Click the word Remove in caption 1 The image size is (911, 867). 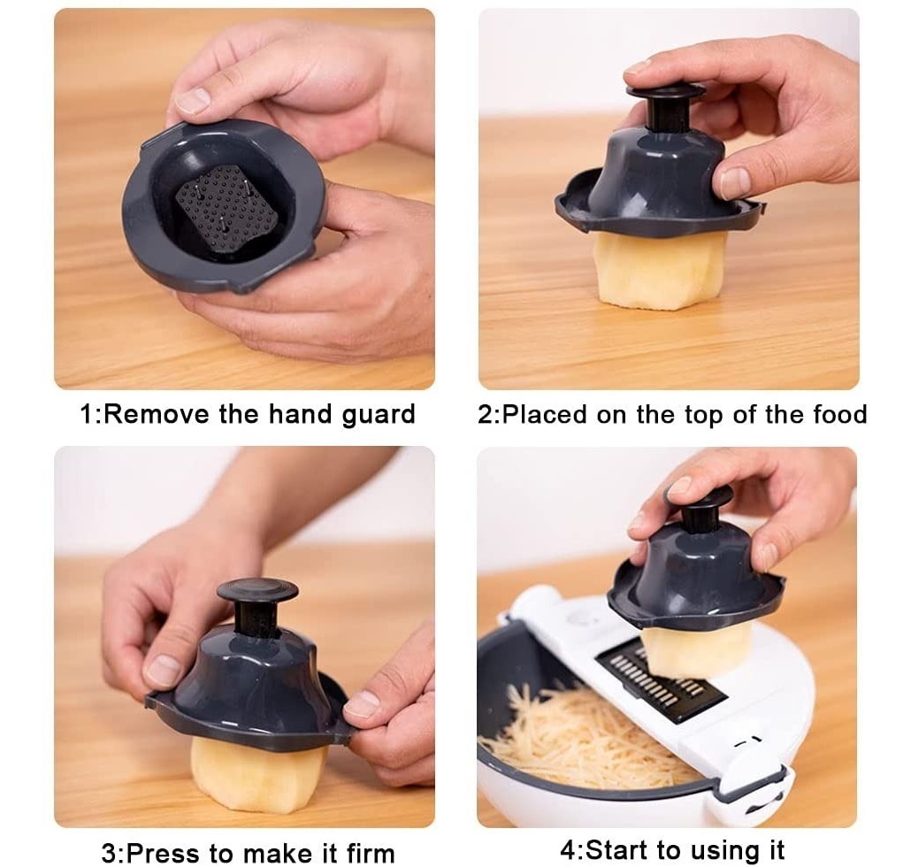pyautogui.click(x=157, y=414)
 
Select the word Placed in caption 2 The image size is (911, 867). pyautogui.click(x=543, y=415)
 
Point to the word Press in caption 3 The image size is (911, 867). pyautogui.click(x=164, y=854)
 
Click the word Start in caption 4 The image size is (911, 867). pyautogui.click(x=617, y=850)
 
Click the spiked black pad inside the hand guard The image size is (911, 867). pyautogui.click(x=226, y=208)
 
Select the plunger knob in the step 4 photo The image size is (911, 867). pyautogui.click(x=699, y=497)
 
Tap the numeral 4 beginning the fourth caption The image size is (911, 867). pyautogui.click(x=568, y=851)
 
